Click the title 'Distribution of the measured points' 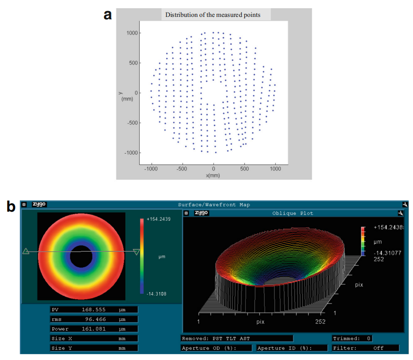213,15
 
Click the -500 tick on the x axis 182,169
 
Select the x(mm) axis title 213,175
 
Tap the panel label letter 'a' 108,15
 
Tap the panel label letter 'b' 11,207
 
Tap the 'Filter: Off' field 366,348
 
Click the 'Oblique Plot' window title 293,213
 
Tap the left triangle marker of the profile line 26,251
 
